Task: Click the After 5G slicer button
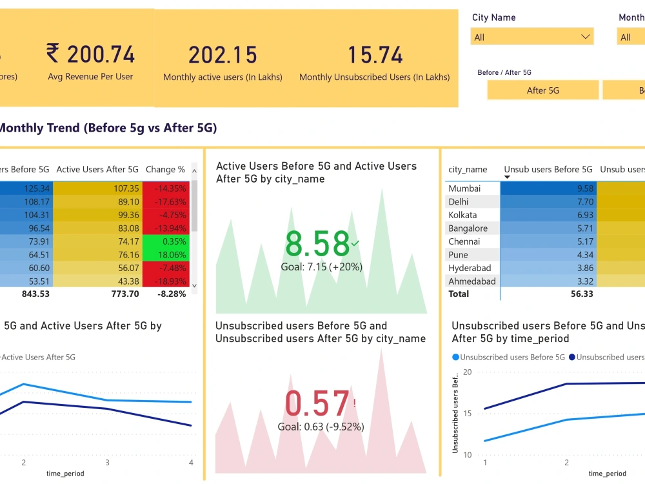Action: pos(542,90)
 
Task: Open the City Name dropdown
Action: pos(531,37)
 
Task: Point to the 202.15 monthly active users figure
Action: pos(223,55)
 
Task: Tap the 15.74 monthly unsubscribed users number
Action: pos(375,55)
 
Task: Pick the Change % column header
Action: pos(165,170)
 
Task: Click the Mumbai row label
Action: pos(464,188)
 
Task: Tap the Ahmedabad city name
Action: pos(472,281)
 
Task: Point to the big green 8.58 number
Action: pos(317,245)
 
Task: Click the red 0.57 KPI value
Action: pos(316,405)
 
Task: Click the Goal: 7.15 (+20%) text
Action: pos(321,267)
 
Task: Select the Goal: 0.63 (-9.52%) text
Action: pos(321,427)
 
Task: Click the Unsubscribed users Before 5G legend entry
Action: pos(508,357)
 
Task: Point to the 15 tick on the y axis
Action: pos(467,414)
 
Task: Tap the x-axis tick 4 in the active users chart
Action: pos(191,463)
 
